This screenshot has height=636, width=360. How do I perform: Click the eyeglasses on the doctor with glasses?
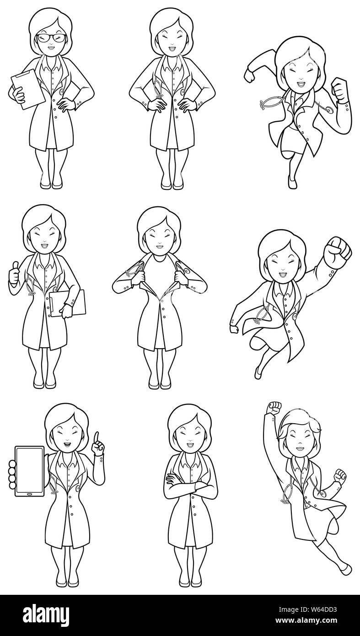pyautogui.click(x=51, y=38)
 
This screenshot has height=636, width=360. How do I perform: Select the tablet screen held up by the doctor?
pyautogui.click(x=30, y=470)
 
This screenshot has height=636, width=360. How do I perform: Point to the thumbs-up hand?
pyautogui.click(x=15, y=273)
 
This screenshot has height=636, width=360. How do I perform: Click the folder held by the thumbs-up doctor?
pyautogui.click(x=68, y=302)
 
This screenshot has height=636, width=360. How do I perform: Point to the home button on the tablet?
pyautogui.click(x=29, y=494)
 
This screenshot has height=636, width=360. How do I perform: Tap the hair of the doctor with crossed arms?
pyautogui.click(x=189, y=420)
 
